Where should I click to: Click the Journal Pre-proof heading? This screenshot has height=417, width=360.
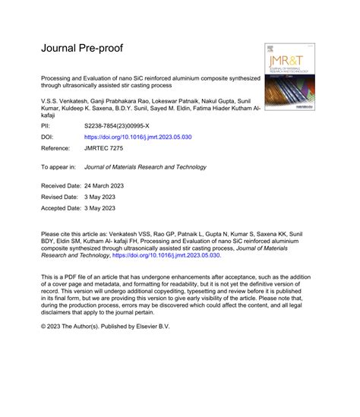tap(84, 48)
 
